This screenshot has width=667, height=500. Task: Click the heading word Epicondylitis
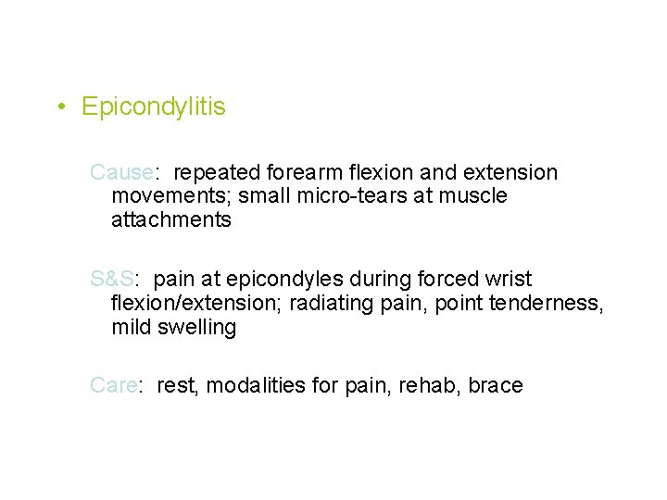[x=153, y=107]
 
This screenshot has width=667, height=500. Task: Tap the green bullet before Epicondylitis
[x=59, y=107]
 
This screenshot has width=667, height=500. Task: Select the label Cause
[x=120, y=173]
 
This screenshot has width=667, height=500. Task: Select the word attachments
[x=170, y=220]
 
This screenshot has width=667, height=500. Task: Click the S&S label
[x=112, y=280]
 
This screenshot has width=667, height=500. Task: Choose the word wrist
[x=508, y=280]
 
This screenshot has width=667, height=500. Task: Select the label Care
[x=113, y=385]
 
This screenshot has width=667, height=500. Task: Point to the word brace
[x=496, y=385]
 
